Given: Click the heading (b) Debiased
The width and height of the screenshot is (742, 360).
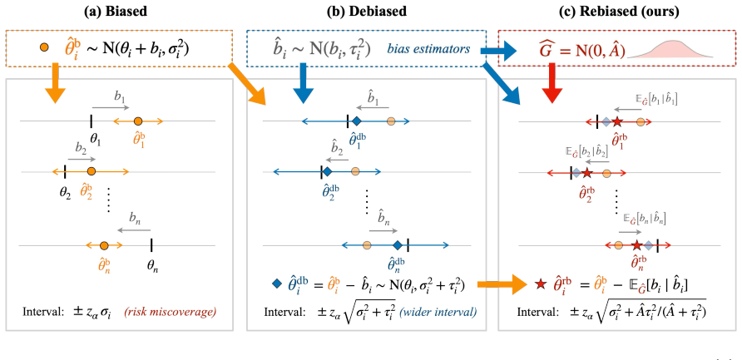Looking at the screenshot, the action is coord(367,12).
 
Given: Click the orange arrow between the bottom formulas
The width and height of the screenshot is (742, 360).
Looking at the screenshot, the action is coord(502,284).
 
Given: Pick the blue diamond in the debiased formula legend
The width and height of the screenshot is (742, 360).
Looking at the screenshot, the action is coord(277,284).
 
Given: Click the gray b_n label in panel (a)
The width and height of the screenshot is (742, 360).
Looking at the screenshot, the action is coord(136,218).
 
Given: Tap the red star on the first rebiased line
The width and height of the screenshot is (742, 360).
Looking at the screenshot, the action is coord(616,122).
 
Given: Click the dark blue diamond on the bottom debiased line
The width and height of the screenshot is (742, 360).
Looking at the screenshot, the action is coord(398,244).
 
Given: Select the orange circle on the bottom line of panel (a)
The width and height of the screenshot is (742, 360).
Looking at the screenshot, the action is coord(104,245).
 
